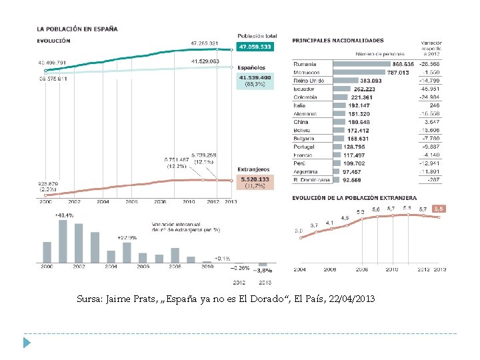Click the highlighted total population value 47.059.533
255,47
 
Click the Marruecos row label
307,72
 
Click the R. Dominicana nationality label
311,179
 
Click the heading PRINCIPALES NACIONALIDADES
338,41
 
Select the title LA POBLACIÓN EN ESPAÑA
77,29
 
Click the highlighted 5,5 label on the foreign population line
439,209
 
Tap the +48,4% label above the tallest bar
64,215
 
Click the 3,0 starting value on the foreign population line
299,231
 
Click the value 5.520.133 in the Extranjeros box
255,179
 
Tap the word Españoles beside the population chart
251,67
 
